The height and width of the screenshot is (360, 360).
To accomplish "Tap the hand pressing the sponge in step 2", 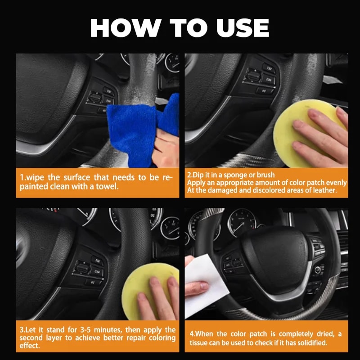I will [x=319, y=135].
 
